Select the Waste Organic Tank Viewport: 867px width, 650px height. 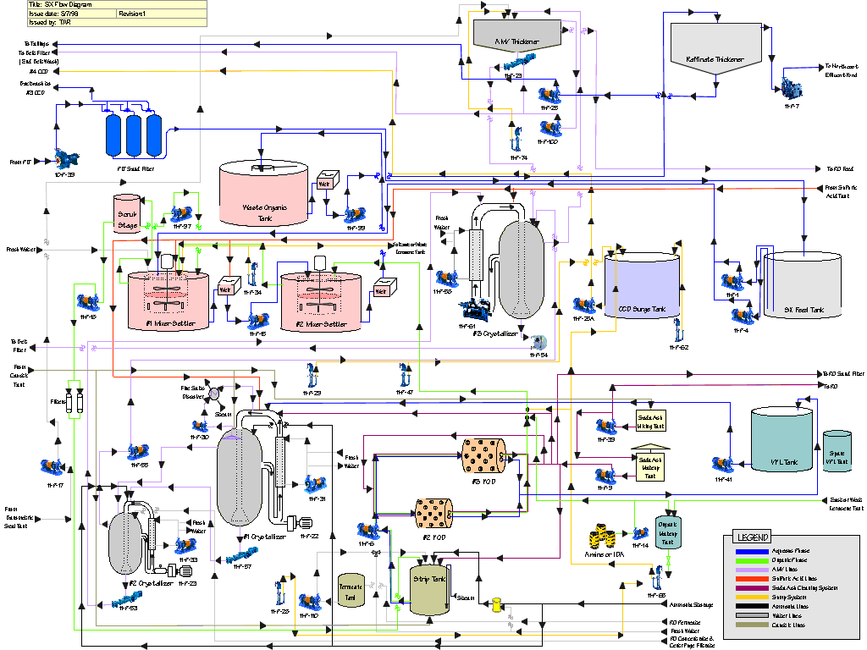point(263,193)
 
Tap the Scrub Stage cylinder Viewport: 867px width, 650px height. point(126,212)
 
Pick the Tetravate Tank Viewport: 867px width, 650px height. point(351,589)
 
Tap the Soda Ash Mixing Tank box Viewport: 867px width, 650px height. point(650,421)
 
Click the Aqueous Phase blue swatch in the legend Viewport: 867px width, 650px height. point(751,551)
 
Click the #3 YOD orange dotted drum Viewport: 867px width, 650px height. point(483,455)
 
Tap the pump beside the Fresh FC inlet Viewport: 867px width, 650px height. point(64,158)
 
